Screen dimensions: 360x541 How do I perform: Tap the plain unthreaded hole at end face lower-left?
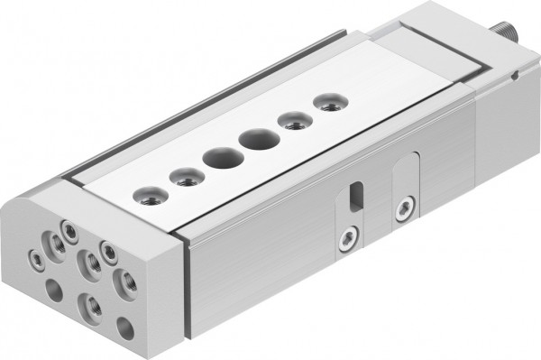tap(54, 291)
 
